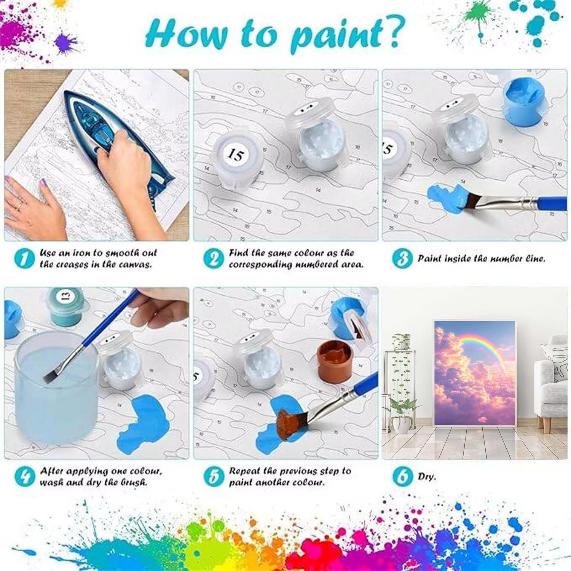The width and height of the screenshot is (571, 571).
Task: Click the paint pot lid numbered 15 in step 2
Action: tap(236, 155)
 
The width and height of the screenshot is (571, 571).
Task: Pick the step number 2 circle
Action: tap(213, 258)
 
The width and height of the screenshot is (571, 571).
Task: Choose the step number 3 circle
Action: tap(402, 258)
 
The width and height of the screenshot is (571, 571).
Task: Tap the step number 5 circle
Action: tap(213, 477)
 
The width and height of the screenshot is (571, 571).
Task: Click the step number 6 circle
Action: tap(402, 477)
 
